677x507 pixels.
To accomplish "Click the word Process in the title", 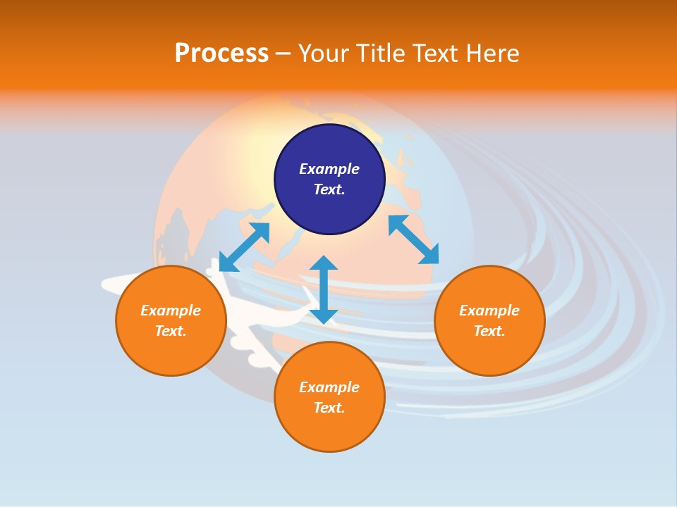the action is (x=222, y=54).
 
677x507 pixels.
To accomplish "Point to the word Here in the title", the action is (x=493, y=54).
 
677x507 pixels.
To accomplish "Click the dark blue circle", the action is (x=329, y=180).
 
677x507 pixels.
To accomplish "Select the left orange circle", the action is (x=171, y=321).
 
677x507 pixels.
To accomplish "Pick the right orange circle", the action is (x=489, y=321).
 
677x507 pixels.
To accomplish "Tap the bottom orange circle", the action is (x=329, y=396).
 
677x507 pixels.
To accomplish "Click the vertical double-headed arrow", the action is (x=324, y=289).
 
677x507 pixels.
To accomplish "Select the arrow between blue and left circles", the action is (x=245, y=247).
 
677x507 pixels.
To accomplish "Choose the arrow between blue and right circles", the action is (x=414, y=239).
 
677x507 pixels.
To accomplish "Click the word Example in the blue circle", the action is (x=329, y=169).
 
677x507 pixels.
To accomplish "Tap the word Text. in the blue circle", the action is (x=329, y=189).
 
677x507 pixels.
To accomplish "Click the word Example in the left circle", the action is (x=171, y=311).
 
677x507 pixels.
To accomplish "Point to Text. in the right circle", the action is (x=489, y=331).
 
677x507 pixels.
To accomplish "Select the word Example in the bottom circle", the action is (x=329, y=387).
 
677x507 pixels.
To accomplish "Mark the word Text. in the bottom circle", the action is (x=329, y=408).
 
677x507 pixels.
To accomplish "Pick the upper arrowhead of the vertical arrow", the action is (x=324, y=263).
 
